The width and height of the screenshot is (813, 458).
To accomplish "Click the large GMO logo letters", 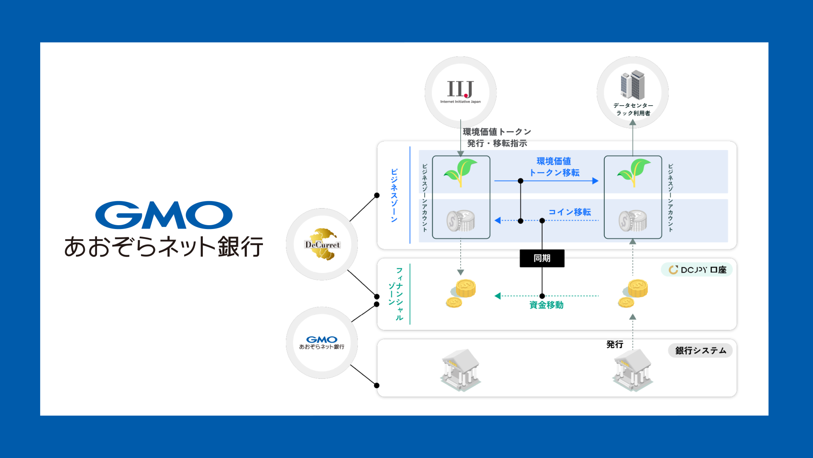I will pos(164,215).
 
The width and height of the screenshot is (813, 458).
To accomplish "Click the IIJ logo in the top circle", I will pos(460,89).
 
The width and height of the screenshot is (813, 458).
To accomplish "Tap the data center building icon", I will pos(633,85).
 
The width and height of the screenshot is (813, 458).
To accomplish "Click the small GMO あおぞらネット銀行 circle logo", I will pos(322,343).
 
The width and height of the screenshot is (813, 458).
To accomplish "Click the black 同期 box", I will pos(542,258).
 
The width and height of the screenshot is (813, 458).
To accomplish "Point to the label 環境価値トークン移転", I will pos(554,167).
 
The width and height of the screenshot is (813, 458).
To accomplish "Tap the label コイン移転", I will pos(570,212).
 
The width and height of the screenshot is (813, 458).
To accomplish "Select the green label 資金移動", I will pos(546,305).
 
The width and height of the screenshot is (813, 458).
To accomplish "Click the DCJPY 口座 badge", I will pos(697,270).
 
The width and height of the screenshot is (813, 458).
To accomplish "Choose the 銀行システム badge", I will pos(700,351).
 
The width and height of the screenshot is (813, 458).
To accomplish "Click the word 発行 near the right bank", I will pos(614,344).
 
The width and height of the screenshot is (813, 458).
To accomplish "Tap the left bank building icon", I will pos(460,369).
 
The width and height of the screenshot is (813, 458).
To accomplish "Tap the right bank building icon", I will pos(632,369).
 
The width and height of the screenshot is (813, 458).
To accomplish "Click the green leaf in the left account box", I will pos(461,172).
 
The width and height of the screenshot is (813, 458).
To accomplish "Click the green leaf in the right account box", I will pos(634,172).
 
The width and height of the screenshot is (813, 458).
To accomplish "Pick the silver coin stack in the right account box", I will pos(633,221).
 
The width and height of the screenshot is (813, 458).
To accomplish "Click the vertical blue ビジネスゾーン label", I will pos(394,195).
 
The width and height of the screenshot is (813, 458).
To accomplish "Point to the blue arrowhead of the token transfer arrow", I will pos(595,181).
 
